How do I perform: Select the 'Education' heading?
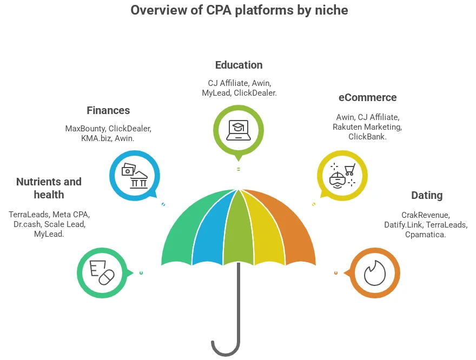pos(239,65)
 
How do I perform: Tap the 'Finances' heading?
pos(108,110)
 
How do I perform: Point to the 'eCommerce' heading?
pos(367,98)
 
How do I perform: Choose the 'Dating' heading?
pos(427,195)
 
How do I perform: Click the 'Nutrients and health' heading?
pos(49,188)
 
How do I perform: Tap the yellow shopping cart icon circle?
pos(342,175)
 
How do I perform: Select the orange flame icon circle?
pos(375,273)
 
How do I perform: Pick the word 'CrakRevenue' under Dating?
pos(425,215)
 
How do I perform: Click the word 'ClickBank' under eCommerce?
pos(367,137)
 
